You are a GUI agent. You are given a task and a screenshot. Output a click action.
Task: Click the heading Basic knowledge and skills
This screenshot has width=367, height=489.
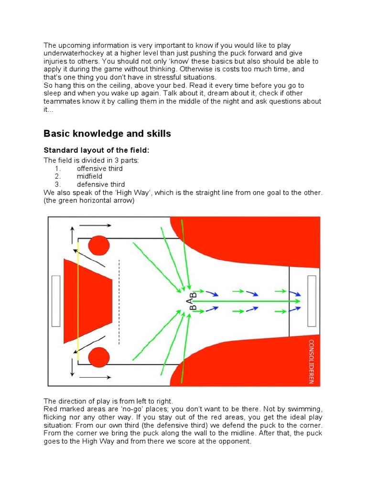coord(107,134)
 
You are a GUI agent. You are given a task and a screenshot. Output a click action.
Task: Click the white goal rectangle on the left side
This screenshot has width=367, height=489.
coord(56,301)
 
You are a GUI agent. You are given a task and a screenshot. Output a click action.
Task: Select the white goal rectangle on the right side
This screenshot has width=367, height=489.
coord(312,301)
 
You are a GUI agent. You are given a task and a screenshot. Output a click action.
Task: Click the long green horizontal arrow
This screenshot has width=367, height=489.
coord(248,301)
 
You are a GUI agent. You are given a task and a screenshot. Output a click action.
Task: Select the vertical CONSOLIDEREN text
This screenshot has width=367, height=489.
coord(311,361)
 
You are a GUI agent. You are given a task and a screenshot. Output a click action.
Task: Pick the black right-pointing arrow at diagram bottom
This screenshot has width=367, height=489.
coord(97,377)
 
